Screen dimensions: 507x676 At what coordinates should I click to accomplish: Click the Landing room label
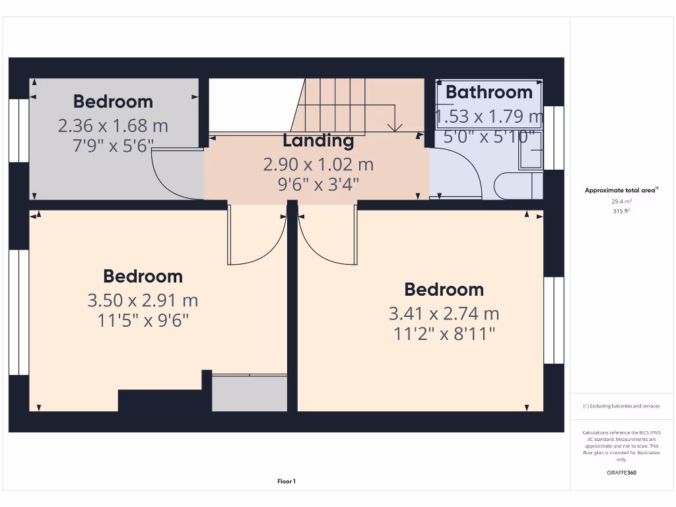coord(318,141)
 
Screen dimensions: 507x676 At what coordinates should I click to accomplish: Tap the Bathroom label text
coord(489,92)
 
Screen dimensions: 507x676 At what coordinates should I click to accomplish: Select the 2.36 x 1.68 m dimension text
coord(113,125)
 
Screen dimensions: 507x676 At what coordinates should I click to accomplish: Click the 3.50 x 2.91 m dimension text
coord(143,300)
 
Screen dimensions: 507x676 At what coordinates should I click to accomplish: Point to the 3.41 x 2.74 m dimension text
coord(444,314)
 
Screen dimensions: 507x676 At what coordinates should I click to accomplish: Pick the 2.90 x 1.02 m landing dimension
coord(318,164)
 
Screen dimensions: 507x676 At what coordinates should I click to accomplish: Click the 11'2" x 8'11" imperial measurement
coord(444,334)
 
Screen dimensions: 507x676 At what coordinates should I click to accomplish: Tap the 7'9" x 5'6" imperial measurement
coord(113,146)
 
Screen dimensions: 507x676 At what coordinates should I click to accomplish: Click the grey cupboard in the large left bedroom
coord(249,393)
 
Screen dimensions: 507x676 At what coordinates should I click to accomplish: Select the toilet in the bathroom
coord(518,186)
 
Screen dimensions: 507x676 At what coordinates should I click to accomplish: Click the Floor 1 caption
coord(287,482)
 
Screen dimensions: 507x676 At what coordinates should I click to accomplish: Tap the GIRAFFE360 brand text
coord(621,473)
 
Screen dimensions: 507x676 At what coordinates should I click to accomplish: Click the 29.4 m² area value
coord(621,201)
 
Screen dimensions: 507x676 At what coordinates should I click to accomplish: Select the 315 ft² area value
coord(621,211)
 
